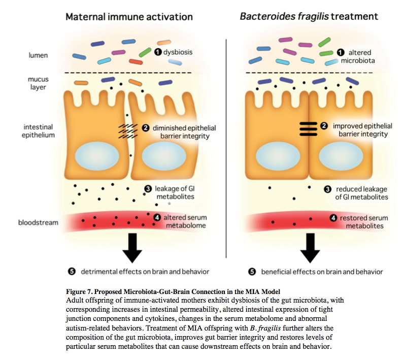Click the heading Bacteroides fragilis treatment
(x=309, y=16)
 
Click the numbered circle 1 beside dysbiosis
(x=158, y=52)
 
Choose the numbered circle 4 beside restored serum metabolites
(x=333, y=218)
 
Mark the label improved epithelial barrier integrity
(x=360, y=130)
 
